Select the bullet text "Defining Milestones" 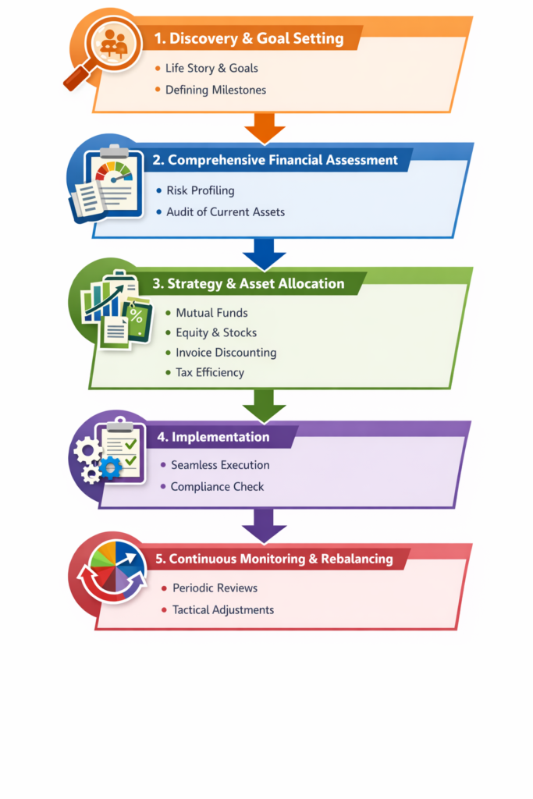point(215,90)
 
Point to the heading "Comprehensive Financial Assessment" point(282,161)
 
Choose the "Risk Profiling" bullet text point(200,190)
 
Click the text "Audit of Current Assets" point(226,211)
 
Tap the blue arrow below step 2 point(265,251)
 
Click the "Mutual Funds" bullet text point(211,313)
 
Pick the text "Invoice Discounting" point(226,353)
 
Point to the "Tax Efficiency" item point(209,373)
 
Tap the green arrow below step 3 point(265,404)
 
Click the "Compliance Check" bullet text point(217,487)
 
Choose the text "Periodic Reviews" point(215,588)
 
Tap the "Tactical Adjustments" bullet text point(223,610)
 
